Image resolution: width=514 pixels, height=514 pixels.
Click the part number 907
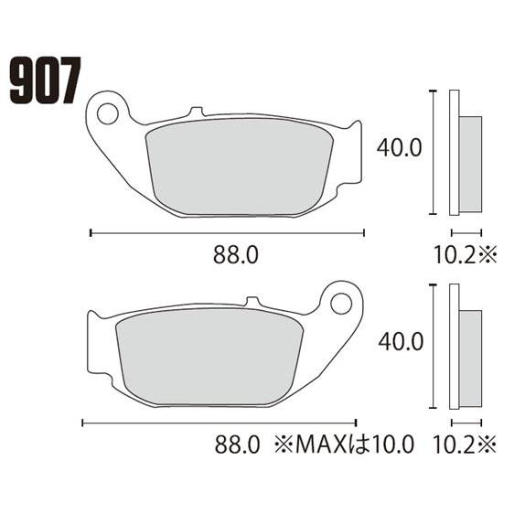pos(45,80)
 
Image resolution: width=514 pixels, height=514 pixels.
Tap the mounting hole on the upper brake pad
pos(108,114)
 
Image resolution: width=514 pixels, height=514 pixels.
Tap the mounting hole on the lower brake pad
pos(342,301)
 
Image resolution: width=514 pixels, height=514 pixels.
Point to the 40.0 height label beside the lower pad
pos(399,341)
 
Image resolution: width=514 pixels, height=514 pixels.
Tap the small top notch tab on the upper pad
pos(193,112)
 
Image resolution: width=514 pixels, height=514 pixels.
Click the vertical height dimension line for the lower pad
pos(431,345)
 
